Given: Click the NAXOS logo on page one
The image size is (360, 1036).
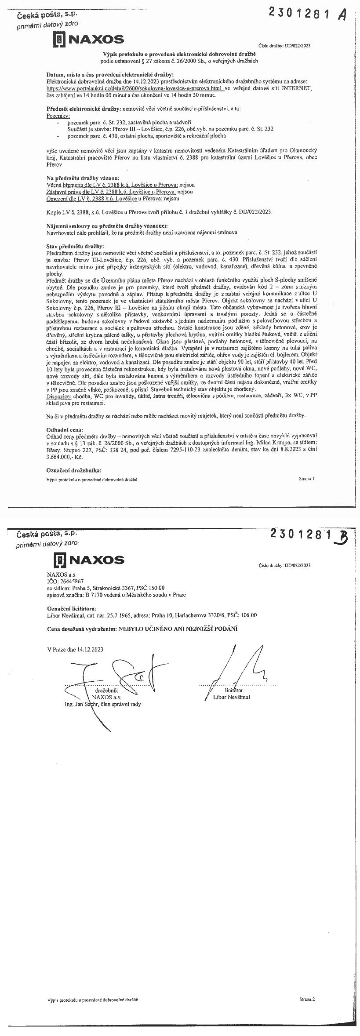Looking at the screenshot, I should click(x=88, y=40).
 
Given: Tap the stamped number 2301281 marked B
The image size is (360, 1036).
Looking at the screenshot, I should click(x=300, y=534).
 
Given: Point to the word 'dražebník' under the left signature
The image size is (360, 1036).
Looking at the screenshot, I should click(x=105, y=691).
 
